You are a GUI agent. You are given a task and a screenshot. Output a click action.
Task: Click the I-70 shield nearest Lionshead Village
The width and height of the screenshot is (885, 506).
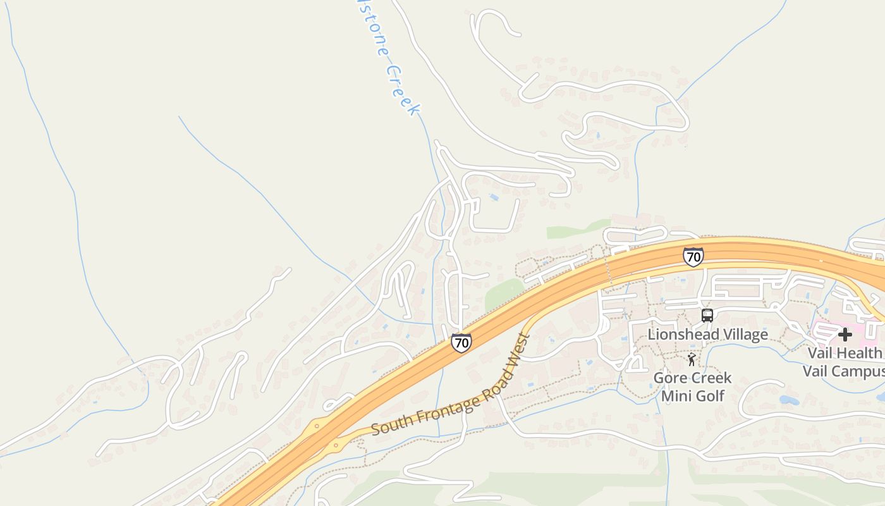693,257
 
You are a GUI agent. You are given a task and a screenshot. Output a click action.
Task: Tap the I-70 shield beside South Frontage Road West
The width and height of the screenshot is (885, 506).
461,343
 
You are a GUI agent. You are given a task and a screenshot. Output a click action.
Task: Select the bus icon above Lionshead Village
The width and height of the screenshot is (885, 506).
707,315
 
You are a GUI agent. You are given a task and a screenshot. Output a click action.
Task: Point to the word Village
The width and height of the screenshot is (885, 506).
747,334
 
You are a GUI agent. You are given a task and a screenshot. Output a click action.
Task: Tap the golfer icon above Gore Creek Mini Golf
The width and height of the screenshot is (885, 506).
692,360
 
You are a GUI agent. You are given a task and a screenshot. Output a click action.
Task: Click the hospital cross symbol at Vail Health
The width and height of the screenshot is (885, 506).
845,334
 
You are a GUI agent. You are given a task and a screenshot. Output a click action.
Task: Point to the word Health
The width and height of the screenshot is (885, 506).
862,353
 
